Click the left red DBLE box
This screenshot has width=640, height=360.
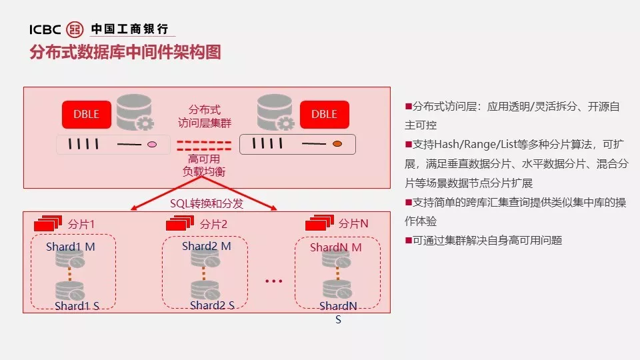86,114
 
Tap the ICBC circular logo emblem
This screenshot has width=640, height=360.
77,29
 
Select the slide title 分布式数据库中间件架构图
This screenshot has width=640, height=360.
125,53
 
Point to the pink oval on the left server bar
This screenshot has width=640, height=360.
151,144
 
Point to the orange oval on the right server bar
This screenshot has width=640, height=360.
337,144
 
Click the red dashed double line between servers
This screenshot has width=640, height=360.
203,145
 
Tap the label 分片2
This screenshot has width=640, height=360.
213,224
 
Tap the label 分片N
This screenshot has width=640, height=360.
353,223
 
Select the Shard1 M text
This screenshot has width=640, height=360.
71,247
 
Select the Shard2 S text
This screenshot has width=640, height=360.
212,305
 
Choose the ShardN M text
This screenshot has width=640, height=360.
336,247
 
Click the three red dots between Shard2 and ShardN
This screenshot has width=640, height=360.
274,281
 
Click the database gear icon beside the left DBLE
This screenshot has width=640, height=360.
135,113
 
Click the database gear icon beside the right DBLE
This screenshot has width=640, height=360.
275,113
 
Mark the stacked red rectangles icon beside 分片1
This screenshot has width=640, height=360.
48,223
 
